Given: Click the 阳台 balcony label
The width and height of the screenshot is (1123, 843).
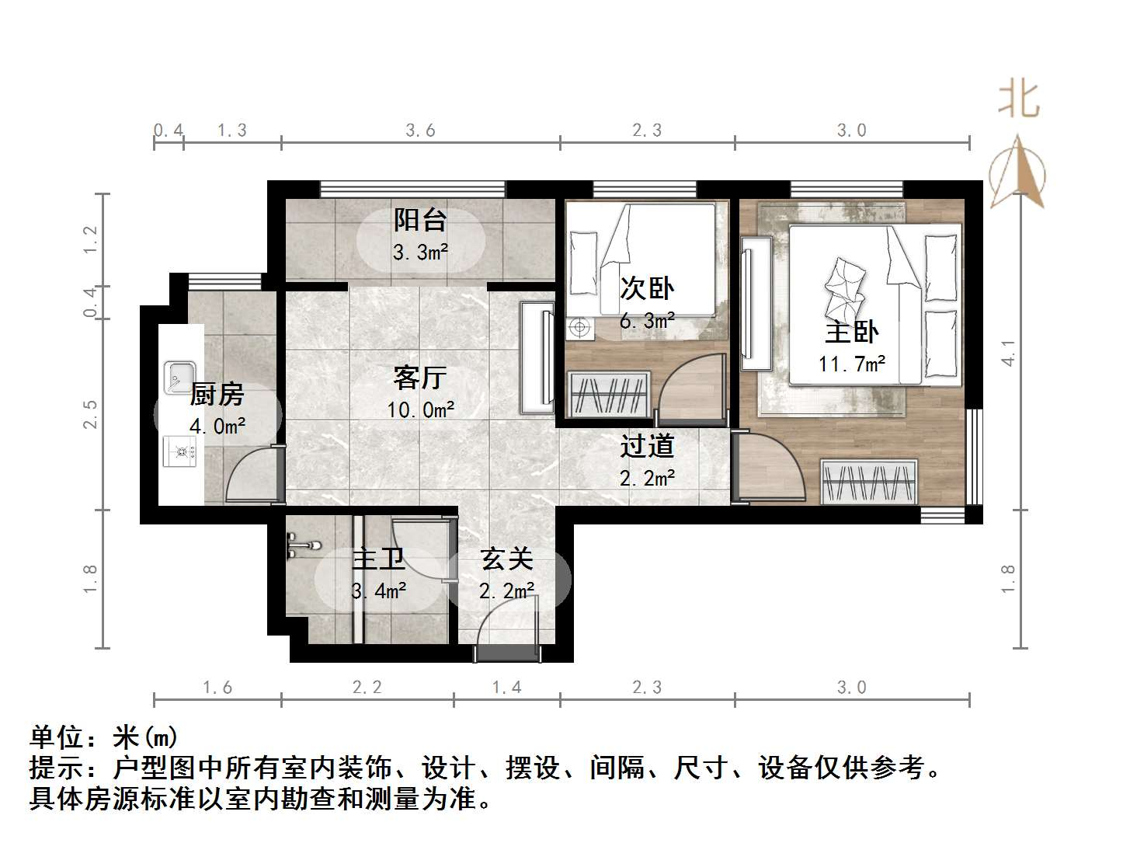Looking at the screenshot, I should pyautogui.click(x=420, y=220).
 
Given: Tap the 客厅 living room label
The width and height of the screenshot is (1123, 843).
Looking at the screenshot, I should pyautogui.click(x=420, y=378).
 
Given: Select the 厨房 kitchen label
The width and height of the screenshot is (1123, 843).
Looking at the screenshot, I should pyautogui.click(x=217, y=395).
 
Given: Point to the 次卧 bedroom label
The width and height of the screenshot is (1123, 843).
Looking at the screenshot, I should pyautogui.click(x=647, y=288).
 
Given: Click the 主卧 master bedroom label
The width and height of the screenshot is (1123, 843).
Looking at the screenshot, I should pyautogui.click(x=851, y=333).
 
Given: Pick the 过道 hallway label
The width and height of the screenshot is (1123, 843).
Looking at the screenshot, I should pyautogui.click(x=647, y=446).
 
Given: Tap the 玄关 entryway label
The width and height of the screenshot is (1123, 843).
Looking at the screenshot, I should pyautogui.click(x=506, y=559).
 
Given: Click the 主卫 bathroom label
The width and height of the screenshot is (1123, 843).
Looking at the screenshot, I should pyautogui.click(x=378, y=559).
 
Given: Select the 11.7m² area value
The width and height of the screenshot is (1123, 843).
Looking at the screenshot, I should pyautogui.click(x=852, y=364).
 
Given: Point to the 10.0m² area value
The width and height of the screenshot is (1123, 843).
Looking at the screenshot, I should pyautogui.click(x=420, y=409).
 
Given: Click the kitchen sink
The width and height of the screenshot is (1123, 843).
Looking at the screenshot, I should pyautogui.click(x=179, y=377).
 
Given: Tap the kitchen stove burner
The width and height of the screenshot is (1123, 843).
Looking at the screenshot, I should pyautogui.click(x=183, y=450).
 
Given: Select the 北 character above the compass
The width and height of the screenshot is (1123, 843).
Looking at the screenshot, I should pyautogui.click(x=1018, y=100).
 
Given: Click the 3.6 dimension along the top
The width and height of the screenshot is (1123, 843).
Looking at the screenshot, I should pyautogui.click(x=420, y=131).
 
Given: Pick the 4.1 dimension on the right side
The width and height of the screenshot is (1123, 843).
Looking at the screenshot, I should pyautogui.click(x=1008, y=354).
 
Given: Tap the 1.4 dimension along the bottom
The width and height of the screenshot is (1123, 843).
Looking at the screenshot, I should pyautogui.click(x=506, y=688).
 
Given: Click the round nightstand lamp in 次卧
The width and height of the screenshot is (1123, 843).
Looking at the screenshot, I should pyautogui.click(x=579, y=328).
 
